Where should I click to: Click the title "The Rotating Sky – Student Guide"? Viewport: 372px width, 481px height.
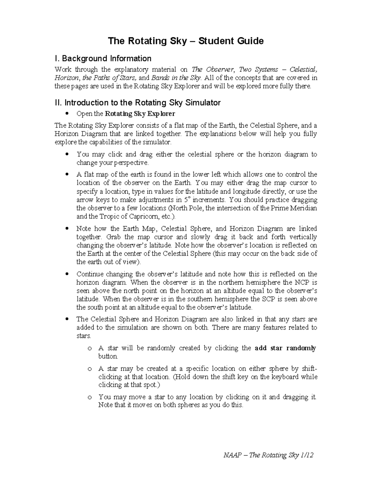[x=185, y=41]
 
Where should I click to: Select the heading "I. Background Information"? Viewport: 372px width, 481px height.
[x=103, y=59]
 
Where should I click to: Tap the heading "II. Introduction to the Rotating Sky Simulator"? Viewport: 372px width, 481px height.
[x=138, y=103]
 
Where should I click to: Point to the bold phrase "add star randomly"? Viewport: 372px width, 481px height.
[x=285, y=348]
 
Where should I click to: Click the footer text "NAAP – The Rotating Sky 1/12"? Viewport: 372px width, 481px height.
[x=268, y=455]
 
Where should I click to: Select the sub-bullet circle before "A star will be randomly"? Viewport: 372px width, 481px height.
[x=90, y=348]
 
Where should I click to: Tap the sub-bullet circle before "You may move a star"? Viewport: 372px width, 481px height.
[x=90, y=397]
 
